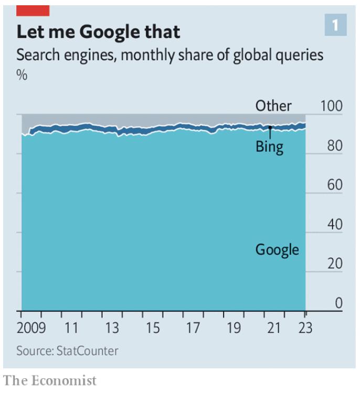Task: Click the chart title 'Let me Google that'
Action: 98,32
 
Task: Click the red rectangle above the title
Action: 33,10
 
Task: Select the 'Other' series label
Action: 273,106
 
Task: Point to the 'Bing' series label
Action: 269,147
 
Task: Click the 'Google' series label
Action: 277,249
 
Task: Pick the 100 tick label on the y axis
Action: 331,106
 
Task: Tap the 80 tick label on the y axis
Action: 335,145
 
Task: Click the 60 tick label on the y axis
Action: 335,185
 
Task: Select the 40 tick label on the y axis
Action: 335,224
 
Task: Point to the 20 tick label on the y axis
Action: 335,264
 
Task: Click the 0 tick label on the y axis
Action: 338,303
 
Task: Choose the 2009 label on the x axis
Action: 30,329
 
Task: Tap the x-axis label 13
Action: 112,329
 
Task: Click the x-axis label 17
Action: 193,329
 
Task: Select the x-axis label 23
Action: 305,329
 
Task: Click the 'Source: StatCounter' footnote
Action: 67,350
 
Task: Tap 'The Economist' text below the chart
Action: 50,380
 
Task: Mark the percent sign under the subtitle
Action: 22,75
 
